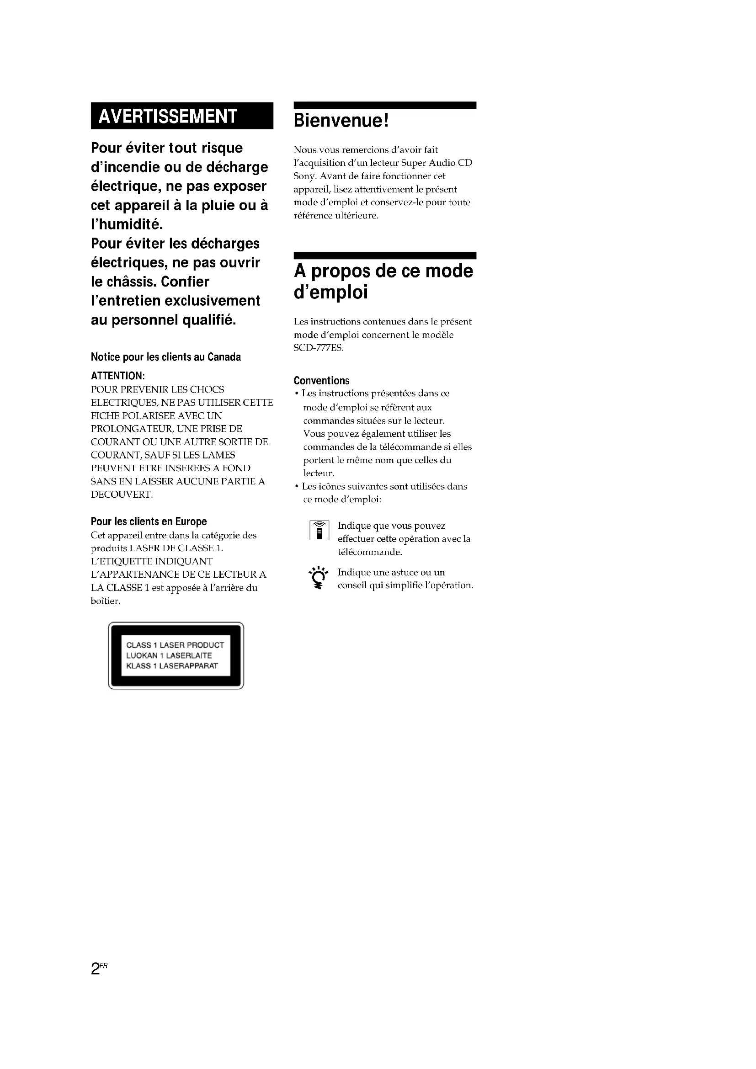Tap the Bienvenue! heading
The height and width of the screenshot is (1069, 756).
[341, 121]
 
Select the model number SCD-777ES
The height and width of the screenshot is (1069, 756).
[319, 348]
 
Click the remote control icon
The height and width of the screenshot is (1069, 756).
[319, 530]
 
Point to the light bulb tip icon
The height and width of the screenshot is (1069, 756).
[319, 578]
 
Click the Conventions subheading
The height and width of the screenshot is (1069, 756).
[321, 380]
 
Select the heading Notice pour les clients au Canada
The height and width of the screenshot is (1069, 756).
[166, 357]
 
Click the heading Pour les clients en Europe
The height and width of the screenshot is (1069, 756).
[149, 521]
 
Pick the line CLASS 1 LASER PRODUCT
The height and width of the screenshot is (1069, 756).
[175, 645]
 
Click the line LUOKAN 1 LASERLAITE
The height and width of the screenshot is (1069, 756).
[169, 655]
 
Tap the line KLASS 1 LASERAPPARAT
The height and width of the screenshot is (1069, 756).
[172, 666]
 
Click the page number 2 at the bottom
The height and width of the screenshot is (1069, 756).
[96, 969]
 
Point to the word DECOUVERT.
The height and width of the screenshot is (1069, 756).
[122, 495]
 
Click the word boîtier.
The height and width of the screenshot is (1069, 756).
[105, 601]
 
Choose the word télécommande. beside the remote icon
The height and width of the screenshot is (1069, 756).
[370, 552]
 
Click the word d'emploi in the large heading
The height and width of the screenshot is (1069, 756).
[331, 293]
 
